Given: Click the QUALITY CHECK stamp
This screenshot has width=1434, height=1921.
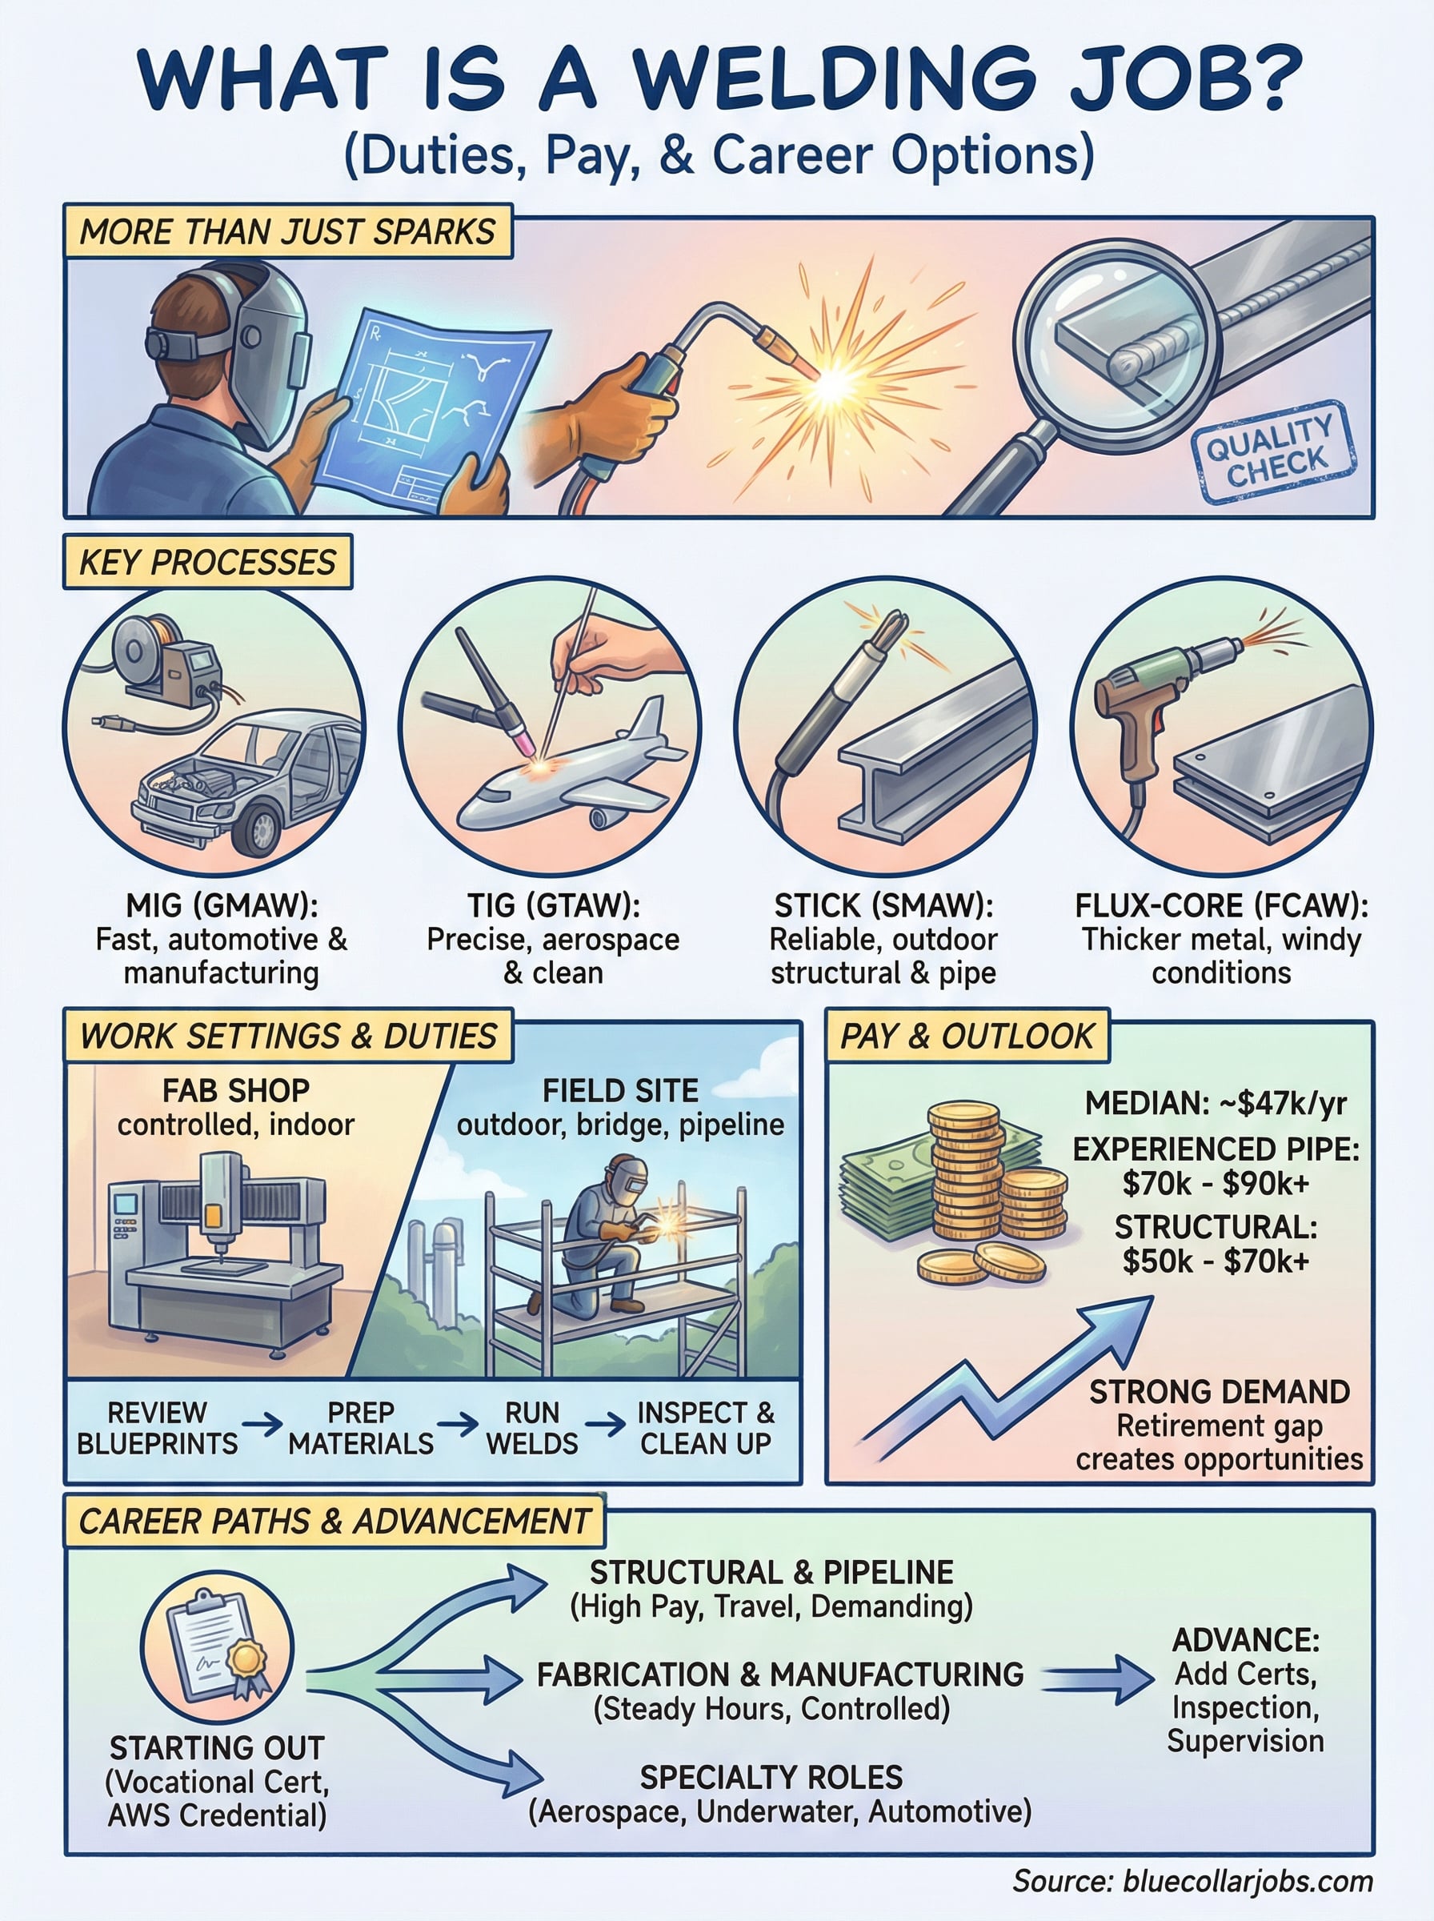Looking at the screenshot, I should tap(1272, 451).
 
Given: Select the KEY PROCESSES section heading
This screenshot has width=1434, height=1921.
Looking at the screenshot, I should tap(207, 563).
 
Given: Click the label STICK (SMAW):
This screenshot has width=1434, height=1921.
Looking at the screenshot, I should tap(883, 906).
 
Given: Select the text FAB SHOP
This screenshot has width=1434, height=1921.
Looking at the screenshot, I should tap(235, 1090).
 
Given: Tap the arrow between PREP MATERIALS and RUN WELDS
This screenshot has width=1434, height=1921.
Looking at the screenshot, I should tap(458, 1425).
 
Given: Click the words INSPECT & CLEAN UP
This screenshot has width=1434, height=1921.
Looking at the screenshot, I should tap(706, 1428).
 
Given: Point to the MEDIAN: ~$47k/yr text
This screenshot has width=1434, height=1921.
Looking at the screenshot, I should tap(1216, 1103).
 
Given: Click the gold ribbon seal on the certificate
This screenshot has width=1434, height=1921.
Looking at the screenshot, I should tap(246, 1660).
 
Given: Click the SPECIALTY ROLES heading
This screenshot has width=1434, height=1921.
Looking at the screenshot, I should tap(771, 1778).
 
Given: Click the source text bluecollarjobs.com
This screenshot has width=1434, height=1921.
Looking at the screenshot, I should tap(1248, 1882).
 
